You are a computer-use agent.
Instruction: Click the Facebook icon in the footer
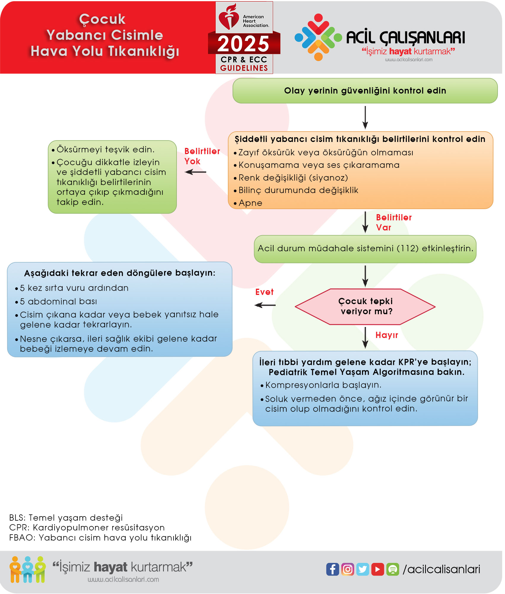click(x=332, y=569)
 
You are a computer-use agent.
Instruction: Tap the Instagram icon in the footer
click(x=347, y=569)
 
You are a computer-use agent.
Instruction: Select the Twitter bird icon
click(x=363, y=569)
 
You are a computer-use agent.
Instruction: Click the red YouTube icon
click(x=377, y=569)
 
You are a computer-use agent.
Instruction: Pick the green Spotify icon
click(x=393, y=569)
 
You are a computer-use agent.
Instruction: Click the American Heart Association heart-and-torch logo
click(x=228, y=17)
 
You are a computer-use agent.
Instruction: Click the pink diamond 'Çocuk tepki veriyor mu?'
click(x=365, y=307)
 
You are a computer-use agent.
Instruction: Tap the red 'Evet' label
click(x=264, y=292)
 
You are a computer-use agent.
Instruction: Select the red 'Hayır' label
click(x=387, y=335)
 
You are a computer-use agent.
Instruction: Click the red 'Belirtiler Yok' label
click(x=202, y=156)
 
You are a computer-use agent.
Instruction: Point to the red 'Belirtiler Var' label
click(x=393, y=222)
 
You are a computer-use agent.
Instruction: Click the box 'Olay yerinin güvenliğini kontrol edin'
click(x=365, y=91)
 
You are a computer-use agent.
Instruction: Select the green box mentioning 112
click(x=365, y=249)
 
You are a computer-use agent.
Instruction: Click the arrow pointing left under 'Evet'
click(x=265, y=305)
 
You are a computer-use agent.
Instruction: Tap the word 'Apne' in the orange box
click(x=250, y=203)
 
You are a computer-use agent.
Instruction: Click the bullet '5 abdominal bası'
click(x=58, y=301)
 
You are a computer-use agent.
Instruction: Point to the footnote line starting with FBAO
click(x=100, y=538)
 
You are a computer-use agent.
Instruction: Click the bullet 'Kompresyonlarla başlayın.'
click(x=323, y=385)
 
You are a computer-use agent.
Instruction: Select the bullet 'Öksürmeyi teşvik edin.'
click(x=105, y=149)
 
